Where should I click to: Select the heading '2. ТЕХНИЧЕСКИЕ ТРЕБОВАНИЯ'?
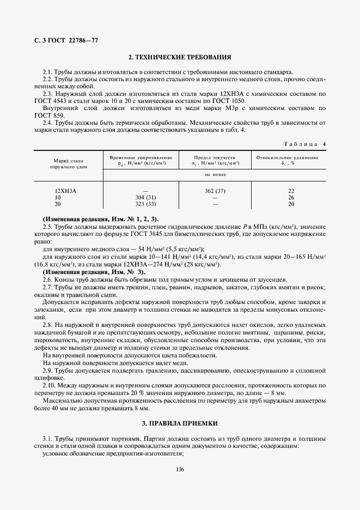(x=180, y=57)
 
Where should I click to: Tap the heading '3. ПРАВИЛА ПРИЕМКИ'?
(x=180, y=423)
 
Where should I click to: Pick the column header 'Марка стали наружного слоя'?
(x=68, y=164)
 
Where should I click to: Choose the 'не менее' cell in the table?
(x=215, y=175)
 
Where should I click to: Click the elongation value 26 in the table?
(x=291, y=197)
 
